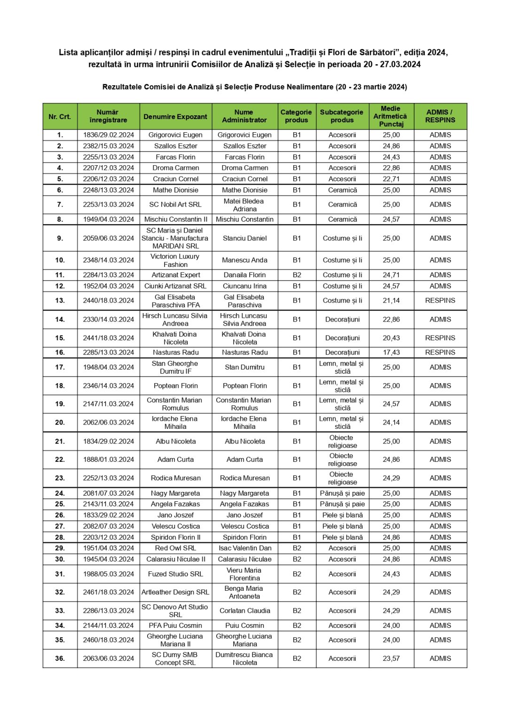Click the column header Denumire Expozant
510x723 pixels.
pyautogui.click(x=175, y=117)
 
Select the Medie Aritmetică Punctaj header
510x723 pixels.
pyautogui.click(x=391, y=116)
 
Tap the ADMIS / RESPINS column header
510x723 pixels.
pyautogui.click(x=440, y=116)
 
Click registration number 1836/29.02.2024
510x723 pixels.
pyautogui.click(x=109, y=135)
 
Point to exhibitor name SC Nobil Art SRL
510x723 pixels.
pyautogui.click(x=175, y=205)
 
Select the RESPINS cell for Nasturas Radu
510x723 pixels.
pyautogui.click(x=440, y=353)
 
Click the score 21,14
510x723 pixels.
pyautogui.click(x=391, y=301)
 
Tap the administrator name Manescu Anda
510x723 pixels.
pyautogui.click(x=244, y=260)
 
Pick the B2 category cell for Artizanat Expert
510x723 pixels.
pyautogui.click(x=297, y=275)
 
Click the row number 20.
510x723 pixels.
pyautogui.click(x=60, y=423)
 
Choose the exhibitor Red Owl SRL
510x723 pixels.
pyautogui.click(x=175, y=548)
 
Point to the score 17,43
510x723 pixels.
pyautogui.click(x=391, y=353)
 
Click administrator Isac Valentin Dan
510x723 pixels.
pyautogui.click(x=244, y=548)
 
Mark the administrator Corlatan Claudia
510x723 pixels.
pyautogui.click(x=244, y=611)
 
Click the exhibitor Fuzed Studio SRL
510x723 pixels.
pyautogui.click(x=175, y=574)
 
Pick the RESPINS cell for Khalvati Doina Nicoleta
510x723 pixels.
pyautogui.click(x=440, y=338)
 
